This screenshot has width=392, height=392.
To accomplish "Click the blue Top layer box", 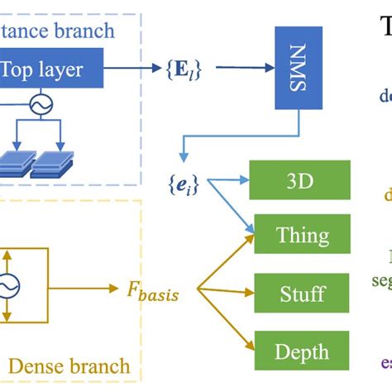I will tap(51, 69).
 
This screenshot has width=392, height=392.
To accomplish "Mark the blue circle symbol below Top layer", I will tap(36, 107).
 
